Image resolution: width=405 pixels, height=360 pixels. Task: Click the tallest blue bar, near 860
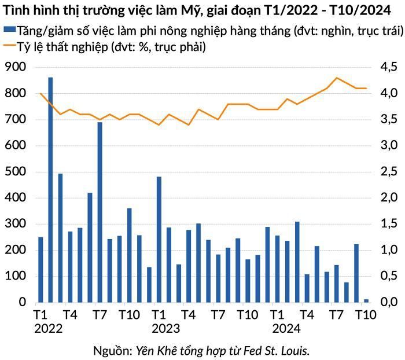(x=50, y=190)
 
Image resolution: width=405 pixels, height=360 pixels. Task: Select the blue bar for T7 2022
(x=100, y=212)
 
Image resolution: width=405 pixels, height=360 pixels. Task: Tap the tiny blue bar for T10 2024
(x=366, y=301)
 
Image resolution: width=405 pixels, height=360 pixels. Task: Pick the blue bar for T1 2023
(x=159, y=240)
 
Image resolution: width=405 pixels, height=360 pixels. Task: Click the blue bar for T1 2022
(x=41, y=270)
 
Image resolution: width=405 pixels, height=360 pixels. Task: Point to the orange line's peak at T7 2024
(x=337, y=78)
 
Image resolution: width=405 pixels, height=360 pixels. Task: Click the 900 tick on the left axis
(x=16, y=67)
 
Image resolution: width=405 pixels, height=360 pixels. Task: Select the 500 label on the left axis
(x=16, y=171)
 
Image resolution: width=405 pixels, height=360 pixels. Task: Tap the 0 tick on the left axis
(x=23, y=302)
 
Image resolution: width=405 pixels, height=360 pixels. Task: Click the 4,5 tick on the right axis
(x=388, y=67)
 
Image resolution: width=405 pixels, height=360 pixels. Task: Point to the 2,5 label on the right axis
(x=388, y=171)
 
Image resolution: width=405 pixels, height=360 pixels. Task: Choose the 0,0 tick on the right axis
(x=388, y=302)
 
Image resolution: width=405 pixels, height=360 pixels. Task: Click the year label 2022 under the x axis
(x=49, y=329)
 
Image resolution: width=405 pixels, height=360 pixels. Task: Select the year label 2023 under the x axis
(x=166, y=329)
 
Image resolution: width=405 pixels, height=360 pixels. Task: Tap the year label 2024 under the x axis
(x=286, y=329)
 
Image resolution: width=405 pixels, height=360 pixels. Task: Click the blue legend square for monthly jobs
(x=10, y=30)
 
